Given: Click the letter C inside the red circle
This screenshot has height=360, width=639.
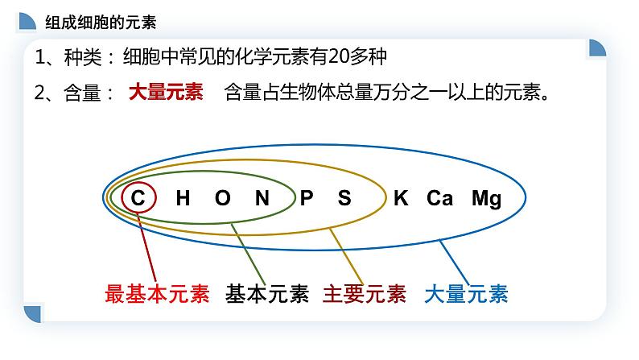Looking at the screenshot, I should (138, 198).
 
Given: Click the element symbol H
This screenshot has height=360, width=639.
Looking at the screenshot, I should (183, 198).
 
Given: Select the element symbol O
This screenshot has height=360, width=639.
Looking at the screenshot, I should (222, 198).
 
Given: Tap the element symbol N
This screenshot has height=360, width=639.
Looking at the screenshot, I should (262, 198).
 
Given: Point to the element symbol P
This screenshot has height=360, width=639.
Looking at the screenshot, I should (307, 198).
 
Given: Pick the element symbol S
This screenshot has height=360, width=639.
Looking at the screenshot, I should (344, 198).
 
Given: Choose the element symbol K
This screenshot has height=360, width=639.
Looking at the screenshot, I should (401, 198).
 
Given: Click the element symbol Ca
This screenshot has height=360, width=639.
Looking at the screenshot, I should (440, 198).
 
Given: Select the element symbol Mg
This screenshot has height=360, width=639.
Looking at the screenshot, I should (487, 198).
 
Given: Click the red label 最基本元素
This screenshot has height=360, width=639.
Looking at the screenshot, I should (157, 294).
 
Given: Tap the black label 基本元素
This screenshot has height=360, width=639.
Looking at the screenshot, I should (267, 294).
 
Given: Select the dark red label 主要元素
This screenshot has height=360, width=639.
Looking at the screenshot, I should (365, 294).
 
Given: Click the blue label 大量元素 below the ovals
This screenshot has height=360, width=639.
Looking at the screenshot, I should (466, 294).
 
